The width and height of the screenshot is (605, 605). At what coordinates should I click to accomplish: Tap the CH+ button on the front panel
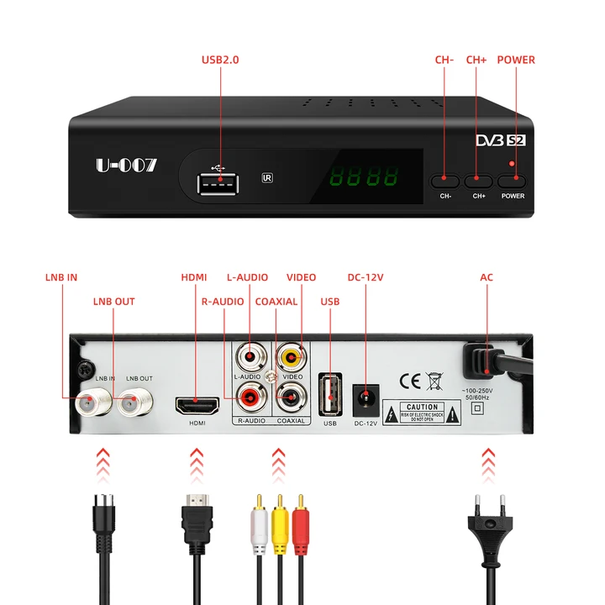478,180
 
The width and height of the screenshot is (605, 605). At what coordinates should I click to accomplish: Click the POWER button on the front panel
512,180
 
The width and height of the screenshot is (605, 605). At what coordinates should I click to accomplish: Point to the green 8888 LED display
363,178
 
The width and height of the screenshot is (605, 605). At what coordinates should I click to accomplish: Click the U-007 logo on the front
126,166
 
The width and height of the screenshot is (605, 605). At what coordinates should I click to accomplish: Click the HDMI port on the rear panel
196,406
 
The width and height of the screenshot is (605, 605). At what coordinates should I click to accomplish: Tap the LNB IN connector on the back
88,404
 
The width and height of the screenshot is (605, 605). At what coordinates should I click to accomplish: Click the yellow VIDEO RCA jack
292,358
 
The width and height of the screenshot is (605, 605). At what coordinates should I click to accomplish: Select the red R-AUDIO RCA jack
250,393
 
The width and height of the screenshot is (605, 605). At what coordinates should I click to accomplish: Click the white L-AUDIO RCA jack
250,358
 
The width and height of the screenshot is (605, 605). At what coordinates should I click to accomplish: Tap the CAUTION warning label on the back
422,412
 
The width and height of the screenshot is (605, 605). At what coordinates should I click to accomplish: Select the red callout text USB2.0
220,60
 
